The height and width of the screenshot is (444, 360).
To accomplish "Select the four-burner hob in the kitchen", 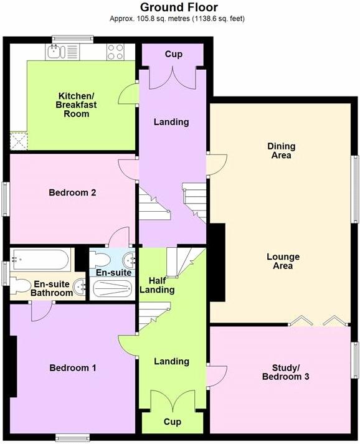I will [116, 51].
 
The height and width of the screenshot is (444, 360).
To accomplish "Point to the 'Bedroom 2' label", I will [72, 192].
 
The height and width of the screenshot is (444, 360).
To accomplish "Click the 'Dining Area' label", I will [282, 151].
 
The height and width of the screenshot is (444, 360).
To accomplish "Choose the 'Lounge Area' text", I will [283, 261].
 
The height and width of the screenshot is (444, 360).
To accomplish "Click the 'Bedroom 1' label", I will [73, 367].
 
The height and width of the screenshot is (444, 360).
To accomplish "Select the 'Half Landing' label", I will [157, 285].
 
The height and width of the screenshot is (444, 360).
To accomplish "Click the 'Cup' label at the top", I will [173, 54].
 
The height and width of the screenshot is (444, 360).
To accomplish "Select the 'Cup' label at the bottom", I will [173, 422].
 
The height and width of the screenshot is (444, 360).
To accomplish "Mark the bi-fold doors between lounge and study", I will [321, 321].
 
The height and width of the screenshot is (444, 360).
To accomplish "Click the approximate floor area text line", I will [176, 19].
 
